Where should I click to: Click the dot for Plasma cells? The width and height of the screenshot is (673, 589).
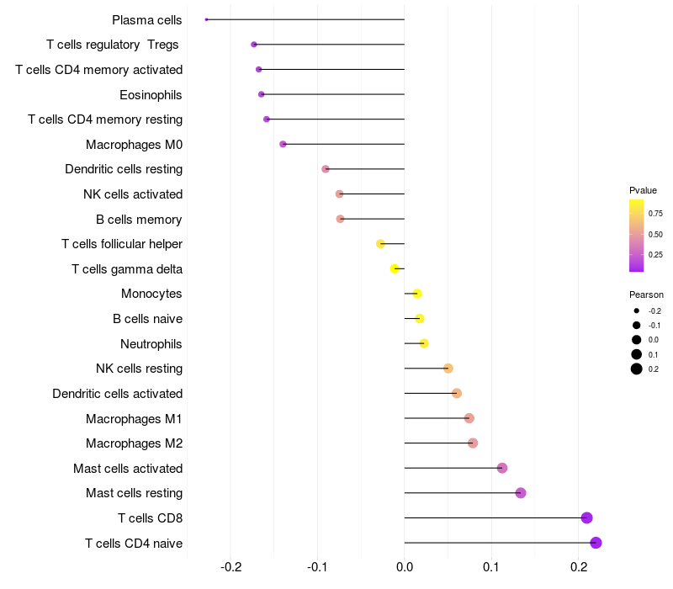(x=206, y=19)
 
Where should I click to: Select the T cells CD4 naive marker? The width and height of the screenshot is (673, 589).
(x=596, y=543)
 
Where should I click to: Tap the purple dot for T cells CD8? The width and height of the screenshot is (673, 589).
(x=586, y=517)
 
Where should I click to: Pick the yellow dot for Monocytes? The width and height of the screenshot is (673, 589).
(x=417, y=294)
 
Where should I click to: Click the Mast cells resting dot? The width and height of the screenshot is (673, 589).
(x=521, y=493)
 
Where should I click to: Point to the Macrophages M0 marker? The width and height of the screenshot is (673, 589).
(x=283, y=144)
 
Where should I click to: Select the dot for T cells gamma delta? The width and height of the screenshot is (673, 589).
(x=395, y=268)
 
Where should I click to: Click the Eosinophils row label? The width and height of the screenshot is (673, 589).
(x=151, y=95)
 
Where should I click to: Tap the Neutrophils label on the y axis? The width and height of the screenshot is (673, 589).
(x=151, y=344)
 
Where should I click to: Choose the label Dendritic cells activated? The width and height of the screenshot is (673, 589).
(x=118, y=394)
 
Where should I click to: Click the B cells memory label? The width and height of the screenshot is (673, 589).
(x=139, y=220)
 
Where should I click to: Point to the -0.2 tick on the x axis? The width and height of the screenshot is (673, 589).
(x=231, y=567)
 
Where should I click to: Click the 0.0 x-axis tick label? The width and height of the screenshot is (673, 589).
(x=405, y=567)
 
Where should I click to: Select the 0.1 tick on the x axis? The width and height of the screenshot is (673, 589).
(x=491, y=567)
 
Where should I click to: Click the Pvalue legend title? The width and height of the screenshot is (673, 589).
(x=643, y=190)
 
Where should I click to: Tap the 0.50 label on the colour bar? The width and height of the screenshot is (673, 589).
(x=655, y=235)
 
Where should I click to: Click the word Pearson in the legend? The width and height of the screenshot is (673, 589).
(x=646, y=294)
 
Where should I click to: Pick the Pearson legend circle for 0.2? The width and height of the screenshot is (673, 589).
(x=637, y=369)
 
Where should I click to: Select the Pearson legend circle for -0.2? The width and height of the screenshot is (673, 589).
(x=637, y=310)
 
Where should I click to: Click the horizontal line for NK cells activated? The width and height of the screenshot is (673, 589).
(x=372, y=194)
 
